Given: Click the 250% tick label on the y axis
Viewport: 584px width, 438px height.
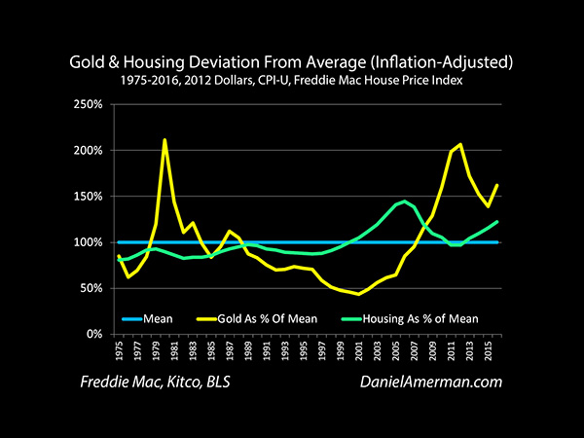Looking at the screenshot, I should [86, 105].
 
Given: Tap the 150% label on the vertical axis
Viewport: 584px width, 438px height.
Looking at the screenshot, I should [86, 197].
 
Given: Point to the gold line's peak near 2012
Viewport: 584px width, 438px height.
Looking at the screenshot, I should [460, 145].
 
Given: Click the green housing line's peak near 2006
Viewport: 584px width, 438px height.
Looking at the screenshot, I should [405, 201].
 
